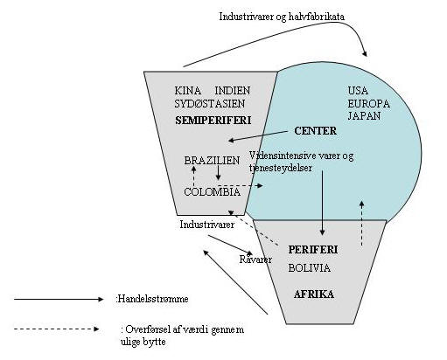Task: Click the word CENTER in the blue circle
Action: [315, 131]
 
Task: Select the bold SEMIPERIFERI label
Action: [213, 121]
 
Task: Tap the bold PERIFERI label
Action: [313, 250]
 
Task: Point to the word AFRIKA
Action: [314, 294]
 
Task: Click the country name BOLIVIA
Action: [310, 268]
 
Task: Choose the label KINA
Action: [188, 91]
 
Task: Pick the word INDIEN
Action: [233, 91]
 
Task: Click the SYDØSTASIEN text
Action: [210, 104]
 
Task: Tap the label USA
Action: [358, 91]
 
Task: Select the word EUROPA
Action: [368, 104]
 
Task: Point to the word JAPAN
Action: [364, 116]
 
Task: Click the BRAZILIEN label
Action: [212, 161]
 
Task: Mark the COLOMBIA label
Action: [213, 192]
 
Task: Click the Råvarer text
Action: [255, 260]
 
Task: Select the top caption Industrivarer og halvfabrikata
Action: [282, 17]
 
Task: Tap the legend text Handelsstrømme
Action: [152, 299]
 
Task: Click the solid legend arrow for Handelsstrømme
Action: [59, 299]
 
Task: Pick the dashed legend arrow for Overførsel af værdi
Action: [57, 329]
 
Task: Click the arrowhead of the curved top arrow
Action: [365, 53]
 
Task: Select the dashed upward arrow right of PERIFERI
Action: [362, 224]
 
